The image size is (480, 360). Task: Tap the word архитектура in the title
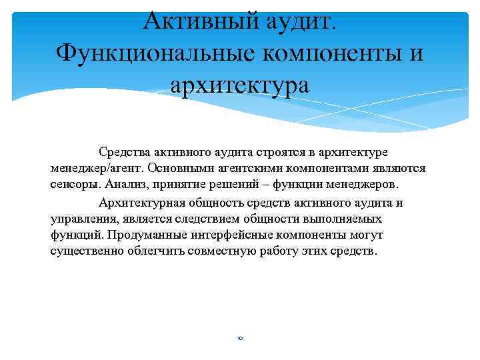pos(240,85)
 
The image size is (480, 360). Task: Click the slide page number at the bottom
pos(240,339)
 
